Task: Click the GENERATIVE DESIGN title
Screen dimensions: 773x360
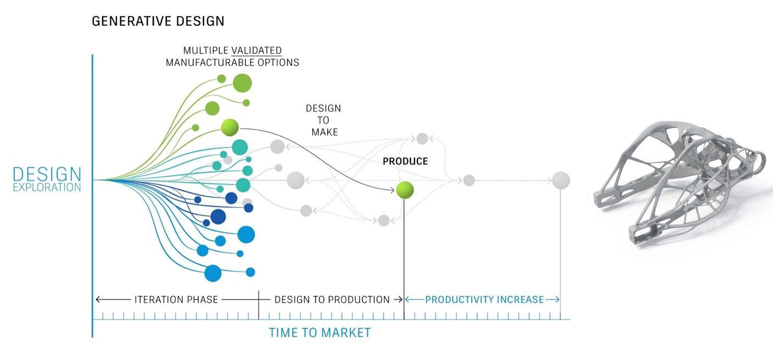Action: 158,21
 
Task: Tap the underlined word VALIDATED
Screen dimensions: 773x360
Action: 256,50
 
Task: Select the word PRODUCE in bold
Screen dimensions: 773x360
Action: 405,161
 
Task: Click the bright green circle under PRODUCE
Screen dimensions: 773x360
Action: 405,190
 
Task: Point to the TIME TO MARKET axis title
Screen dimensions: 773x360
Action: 320,333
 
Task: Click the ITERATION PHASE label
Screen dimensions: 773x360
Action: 176,300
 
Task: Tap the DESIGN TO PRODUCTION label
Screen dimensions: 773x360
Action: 332,300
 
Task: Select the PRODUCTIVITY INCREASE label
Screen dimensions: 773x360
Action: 484,300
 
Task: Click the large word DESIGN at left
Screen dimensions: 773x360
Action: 47,175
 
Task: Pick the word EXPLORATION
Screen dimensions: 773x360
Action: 47,187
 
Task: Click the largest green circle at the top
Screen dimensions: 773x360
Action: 242,83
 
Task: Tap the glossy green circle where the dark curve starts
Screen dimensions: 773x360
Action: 230,127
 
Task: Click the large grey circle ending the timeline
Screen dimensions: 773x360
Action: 561,181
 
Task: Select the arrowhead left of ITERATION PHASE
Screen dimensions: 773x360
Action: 98,299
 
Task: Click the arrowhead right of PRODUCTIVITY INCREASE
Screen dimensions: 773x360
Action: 557,299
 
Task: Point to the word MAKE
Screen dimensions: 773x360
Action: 324,132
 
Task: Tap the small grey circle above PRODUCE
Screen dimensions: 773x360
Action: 422,139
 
